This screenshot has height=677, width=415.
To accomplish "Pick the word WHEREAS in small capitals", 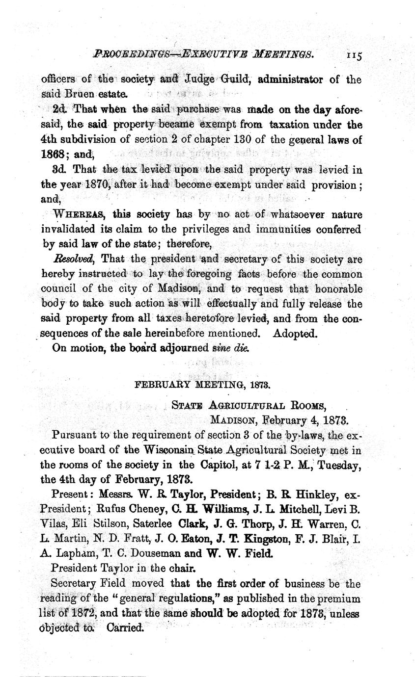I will click(80, 214).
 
